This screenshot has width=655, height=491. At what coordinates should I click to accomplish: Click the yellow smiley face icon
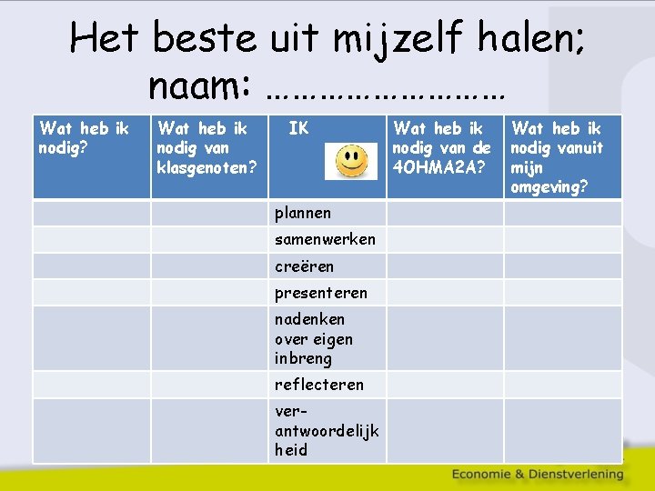point(351,162)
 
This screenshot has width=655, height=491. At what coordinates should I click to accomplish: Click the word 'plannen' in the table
point(303,213)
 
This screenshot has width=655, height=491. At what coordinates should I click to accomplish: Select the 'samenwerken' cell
point(325,239)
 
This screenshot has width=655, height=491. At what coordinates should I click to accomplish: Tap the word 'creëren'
point(304,266)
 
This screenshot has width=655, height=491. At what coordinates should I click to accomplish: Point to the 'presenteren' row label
point(321,293)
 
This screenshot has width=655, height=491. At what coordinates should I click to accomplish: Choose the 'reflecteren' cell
point(318,385)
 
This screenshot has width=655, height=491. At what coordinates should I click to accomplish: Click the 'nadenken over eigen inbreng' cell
point(314,338)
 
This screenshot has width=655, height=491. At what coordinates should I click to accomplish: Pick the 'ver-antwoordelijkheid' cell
point(326,430)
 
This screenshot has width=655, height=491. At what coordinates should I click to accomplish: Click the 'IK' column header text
point(298,129)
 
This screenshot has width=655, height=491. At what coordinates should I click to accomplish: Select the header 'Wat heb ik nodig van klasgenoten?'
point(207,148)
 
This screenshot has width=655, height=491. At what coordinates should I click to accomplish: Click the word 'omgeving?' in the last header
point(549,187)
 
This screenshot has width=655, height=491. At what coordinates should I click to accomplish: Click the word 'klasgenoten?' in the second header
point(207,167)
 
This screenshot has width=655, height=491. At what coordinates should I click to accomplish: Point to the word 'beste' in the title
point(204,39)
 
